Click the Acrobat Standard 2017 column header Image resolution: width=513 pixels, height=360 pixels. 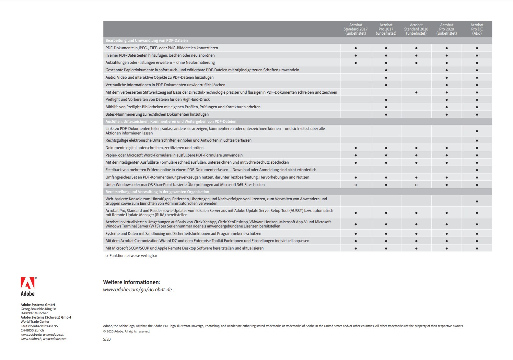pos(356,29)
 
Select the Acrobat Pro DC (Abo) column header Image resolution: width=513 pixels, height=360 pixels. pos(477,29)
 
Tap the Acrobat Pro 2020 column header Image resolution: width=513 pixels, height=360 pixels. pos(447,29)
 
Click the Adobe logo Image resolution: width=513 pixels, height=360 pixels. pos(28,286)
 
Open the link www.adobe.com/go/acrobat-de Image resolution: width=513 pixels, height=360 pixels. pos(137,290)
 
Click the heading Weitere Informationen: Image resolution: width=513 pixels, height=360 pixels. pos(132,282)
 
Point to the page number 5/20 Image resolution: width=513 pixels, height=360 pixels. pos(107,339)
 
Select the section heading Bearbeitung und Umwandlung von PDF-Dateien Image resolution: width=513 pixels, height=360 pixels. pos(146,41)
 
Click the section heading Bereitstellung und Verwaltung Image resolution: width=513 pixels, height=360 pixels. pos(157,192)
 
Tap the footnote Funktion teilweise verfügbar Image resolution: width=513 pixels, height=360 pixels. pos(133,256)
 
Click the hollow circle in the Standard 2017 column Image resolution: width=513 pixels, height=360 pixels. pos(356,185)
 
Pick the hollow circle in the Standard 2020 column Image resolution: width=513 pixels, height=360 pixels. pos(416,185)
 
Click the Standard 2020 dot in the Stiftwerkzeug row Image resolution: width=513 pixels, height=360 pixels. pos(416,93)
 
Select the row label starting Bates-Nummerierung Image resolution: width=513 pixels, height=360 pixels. pos(157,114)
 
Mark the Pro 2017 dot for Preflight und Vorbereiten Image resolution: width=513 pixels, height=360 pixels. pos(386,100)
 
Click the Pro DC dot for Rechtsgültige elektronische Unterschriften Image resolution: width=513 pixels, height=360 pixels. pos(477,141)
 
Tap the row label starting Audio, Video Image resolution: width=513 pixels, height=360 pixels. pos(159,77)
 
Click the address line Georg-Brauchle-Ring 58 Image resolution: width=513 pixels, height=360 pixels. pos(38,309)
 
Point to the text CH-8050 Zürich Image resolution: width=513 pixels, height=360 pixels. pos(32,331)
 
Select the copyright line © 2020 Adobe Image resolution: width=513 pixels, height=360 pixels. pos(126,331)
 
